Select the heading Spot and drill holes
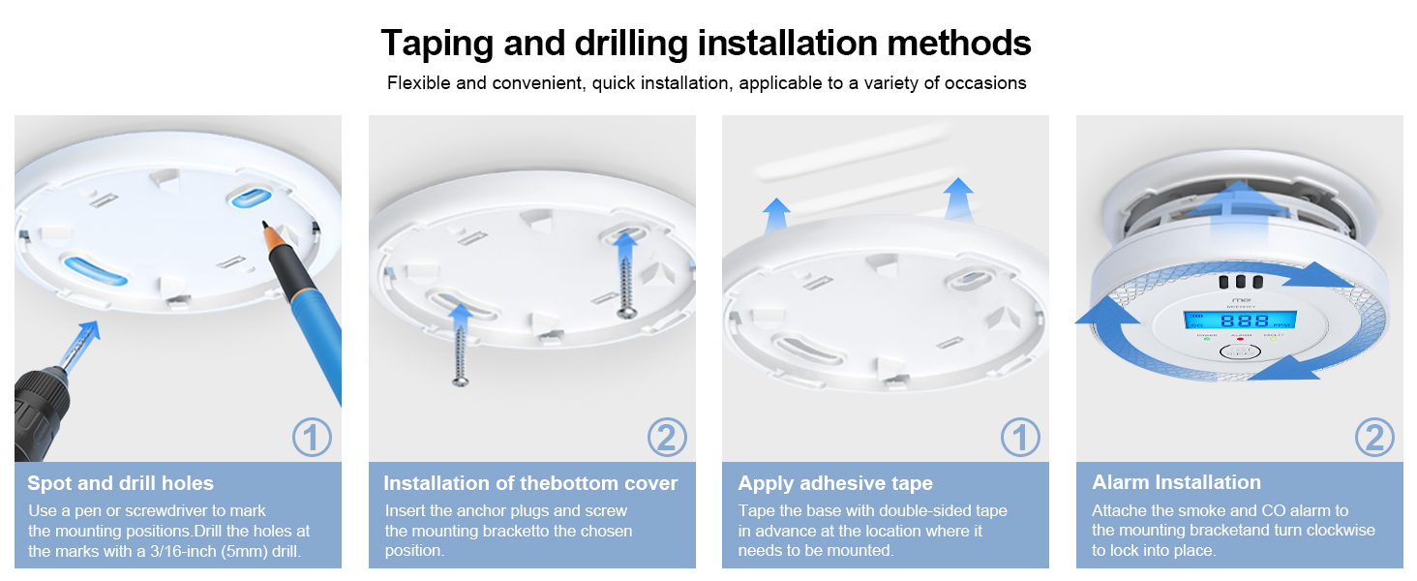point(121,483)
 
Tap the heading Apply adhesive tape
point(835,483)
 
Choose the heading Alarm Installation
point(1176,482)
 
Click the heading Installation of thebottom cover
point(530,483)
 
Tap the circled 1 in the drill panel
point(312,439)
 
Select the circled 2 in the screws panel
point(666,439)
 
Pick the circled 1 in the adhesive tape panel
point(1019,439)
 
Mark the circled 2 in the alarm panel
point(1373,439)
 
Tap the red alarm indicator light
point(1240,340)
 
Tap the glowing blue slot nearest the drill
point(95,270)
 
